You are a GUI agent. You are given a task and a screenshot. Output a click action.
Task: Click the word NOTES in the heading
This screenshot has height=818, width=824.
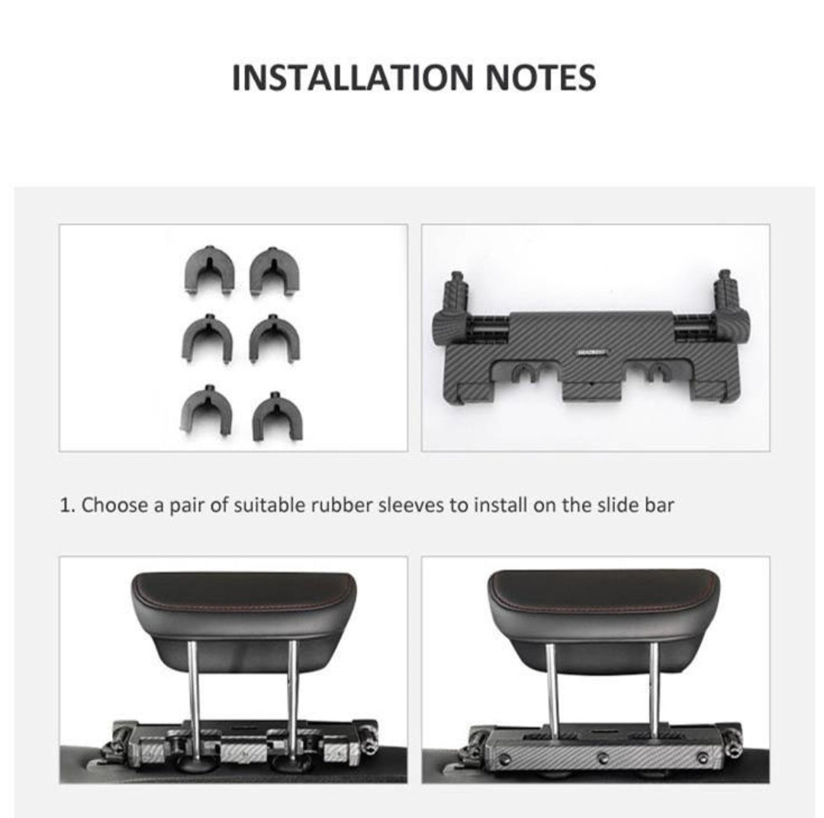541,78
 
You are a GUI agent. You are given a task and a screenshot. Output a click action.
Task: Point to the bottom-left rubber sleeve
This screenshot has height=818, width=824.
207,410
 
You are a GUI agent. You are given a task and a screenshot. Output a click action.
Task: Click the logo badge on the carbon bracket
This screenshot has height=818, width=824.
592,353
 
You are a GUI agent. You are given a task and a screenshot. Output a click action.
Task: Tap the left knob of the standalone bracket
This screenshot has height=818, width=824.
456,297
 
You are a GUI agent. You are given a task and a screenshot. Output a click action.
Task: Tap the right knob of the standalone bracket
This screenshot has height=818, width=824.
726,295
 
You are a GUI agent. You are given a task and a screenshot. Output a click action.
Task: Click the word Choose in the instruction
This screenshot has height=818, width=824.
114,505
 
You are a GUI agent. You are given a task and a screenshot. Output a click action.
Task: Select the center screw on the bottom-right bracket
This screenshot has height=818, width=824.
603,757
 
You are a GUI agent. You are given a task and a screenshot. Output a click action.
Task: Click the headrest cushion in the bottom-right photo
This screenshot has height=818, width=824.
603,610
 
